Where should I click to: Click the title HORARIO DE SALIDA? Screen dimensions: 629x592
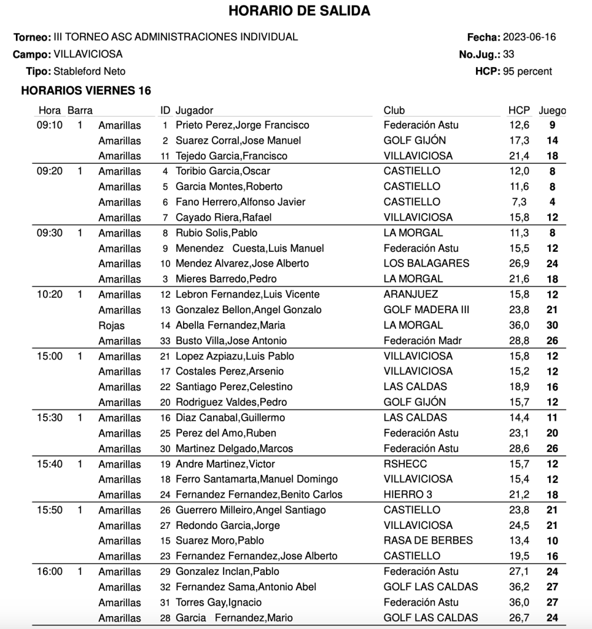click(299, 11)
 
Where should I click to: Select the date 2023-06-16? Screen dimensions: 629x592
click(529, 37)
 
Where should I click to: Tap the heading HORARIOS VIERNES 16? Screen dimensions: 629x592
click(86, 91)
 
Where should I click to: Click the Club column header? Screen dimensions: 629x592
click(394, 111)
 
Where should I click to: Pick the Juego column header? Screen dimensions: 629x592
click(552, 111)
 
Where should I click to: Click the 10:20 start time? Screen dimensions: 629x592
click(50, 294)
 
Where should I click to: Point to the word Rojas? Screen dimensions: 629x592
click(111, 325)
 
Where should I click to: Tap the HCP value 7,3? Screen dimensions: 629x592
click(518, 201)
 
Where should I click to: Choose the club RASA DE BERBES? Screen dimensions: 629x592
click(428, 541)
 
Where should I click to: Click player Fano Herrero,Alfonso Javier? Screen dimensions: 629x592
click(240, 201)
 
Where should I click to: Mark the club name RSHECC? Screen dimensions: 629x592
click(405, 464)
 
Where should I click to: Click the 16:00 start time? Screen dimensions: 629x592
click(50, 571)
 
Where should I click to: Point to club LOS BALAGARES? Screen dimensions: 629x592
click(426, 264)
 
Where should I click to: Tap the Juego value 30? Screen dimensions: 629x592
click(552, 325)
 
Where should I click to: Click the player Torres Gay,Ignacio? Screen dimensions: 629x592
click(219, 602)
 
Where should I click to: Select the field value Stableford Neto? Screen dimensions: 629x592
click(90, 71)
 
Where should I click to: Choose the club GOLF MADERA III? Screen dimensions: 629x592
click(426, 310)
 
